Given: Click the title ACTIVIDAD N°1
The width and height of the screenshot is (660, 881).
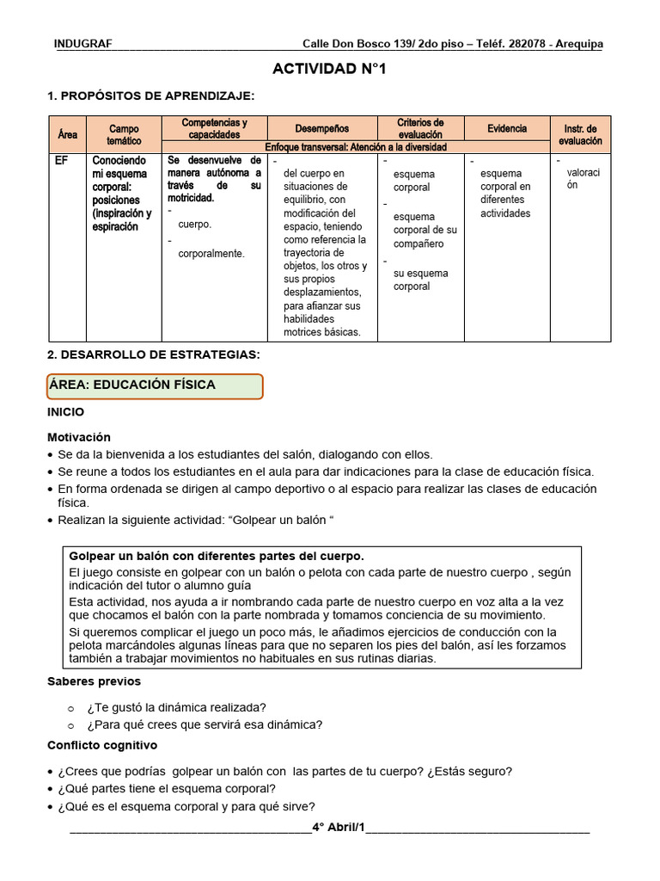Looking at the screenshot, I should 329,69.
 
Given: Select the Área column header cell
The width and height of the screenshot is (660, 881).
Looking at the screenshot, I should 67,134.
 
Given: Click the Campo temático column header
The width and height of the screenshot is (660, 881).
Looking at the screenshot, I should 124,134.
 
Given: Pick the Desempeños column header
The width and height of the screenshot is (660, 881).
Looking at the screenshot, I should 322,128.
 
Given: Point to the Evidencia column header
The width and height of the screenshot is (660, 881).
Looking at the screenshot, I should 507,128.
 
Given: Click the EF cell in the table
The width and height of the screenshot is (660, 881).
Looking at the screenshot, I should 62,161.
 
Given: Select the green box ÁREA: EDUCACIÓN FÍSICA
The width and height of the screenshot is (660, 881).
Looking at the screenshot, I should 155,385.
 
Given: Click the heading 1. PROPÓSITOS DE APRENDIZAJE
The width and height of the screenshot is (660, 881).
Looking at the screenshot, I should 150,95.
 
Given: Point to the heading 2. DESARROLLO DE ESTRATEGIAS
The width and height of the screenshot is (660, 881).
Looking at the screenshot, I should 153,354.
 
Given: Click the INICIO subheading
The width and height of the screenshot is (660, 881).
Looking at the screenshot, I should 65,412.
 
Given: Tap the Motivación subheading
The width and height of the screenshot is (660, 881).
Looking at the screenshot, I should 78,437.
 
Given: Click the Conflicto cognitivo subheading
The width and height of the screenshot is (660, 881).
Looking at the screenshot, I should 101,745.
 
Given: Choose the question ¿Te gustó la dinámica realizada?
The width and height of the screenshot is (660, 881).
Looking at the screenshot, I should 176,707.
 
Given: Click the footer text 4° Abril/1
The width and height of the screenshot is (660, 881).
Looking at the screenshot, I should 339,828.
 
